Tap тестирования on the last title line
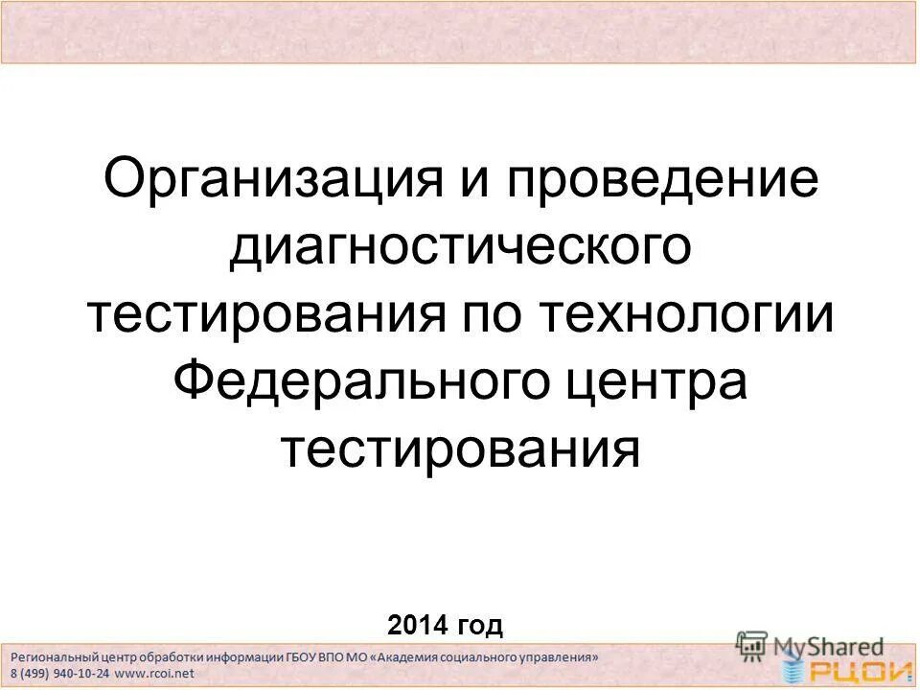point(460,448)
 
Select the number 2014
point(419,626)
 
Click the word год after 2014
point(480,627)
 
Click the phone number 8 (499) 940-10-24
point(60,673)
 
